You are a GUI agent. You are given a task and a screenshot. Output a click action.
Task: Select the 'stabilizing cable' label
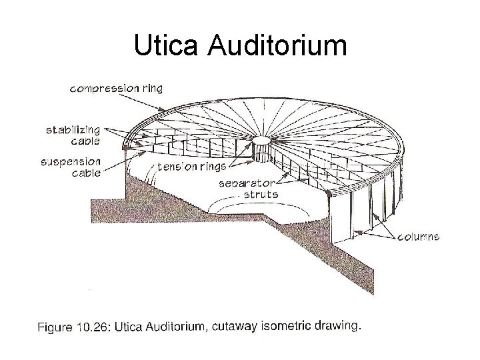73,134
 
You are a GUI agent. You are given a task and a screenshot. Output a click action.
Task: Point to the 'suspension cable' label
71,167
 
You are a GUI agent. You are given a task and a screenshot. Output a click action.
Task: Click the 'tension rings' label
191,167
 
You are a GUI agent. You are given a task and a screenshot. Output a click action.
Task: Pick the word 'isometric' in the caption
287,326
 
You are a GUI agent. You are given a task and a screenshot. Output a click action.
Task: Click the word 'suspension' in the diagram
71,161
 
